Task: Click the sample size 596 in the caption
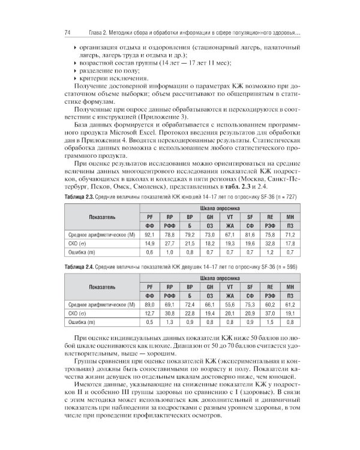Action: [287, 283]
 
